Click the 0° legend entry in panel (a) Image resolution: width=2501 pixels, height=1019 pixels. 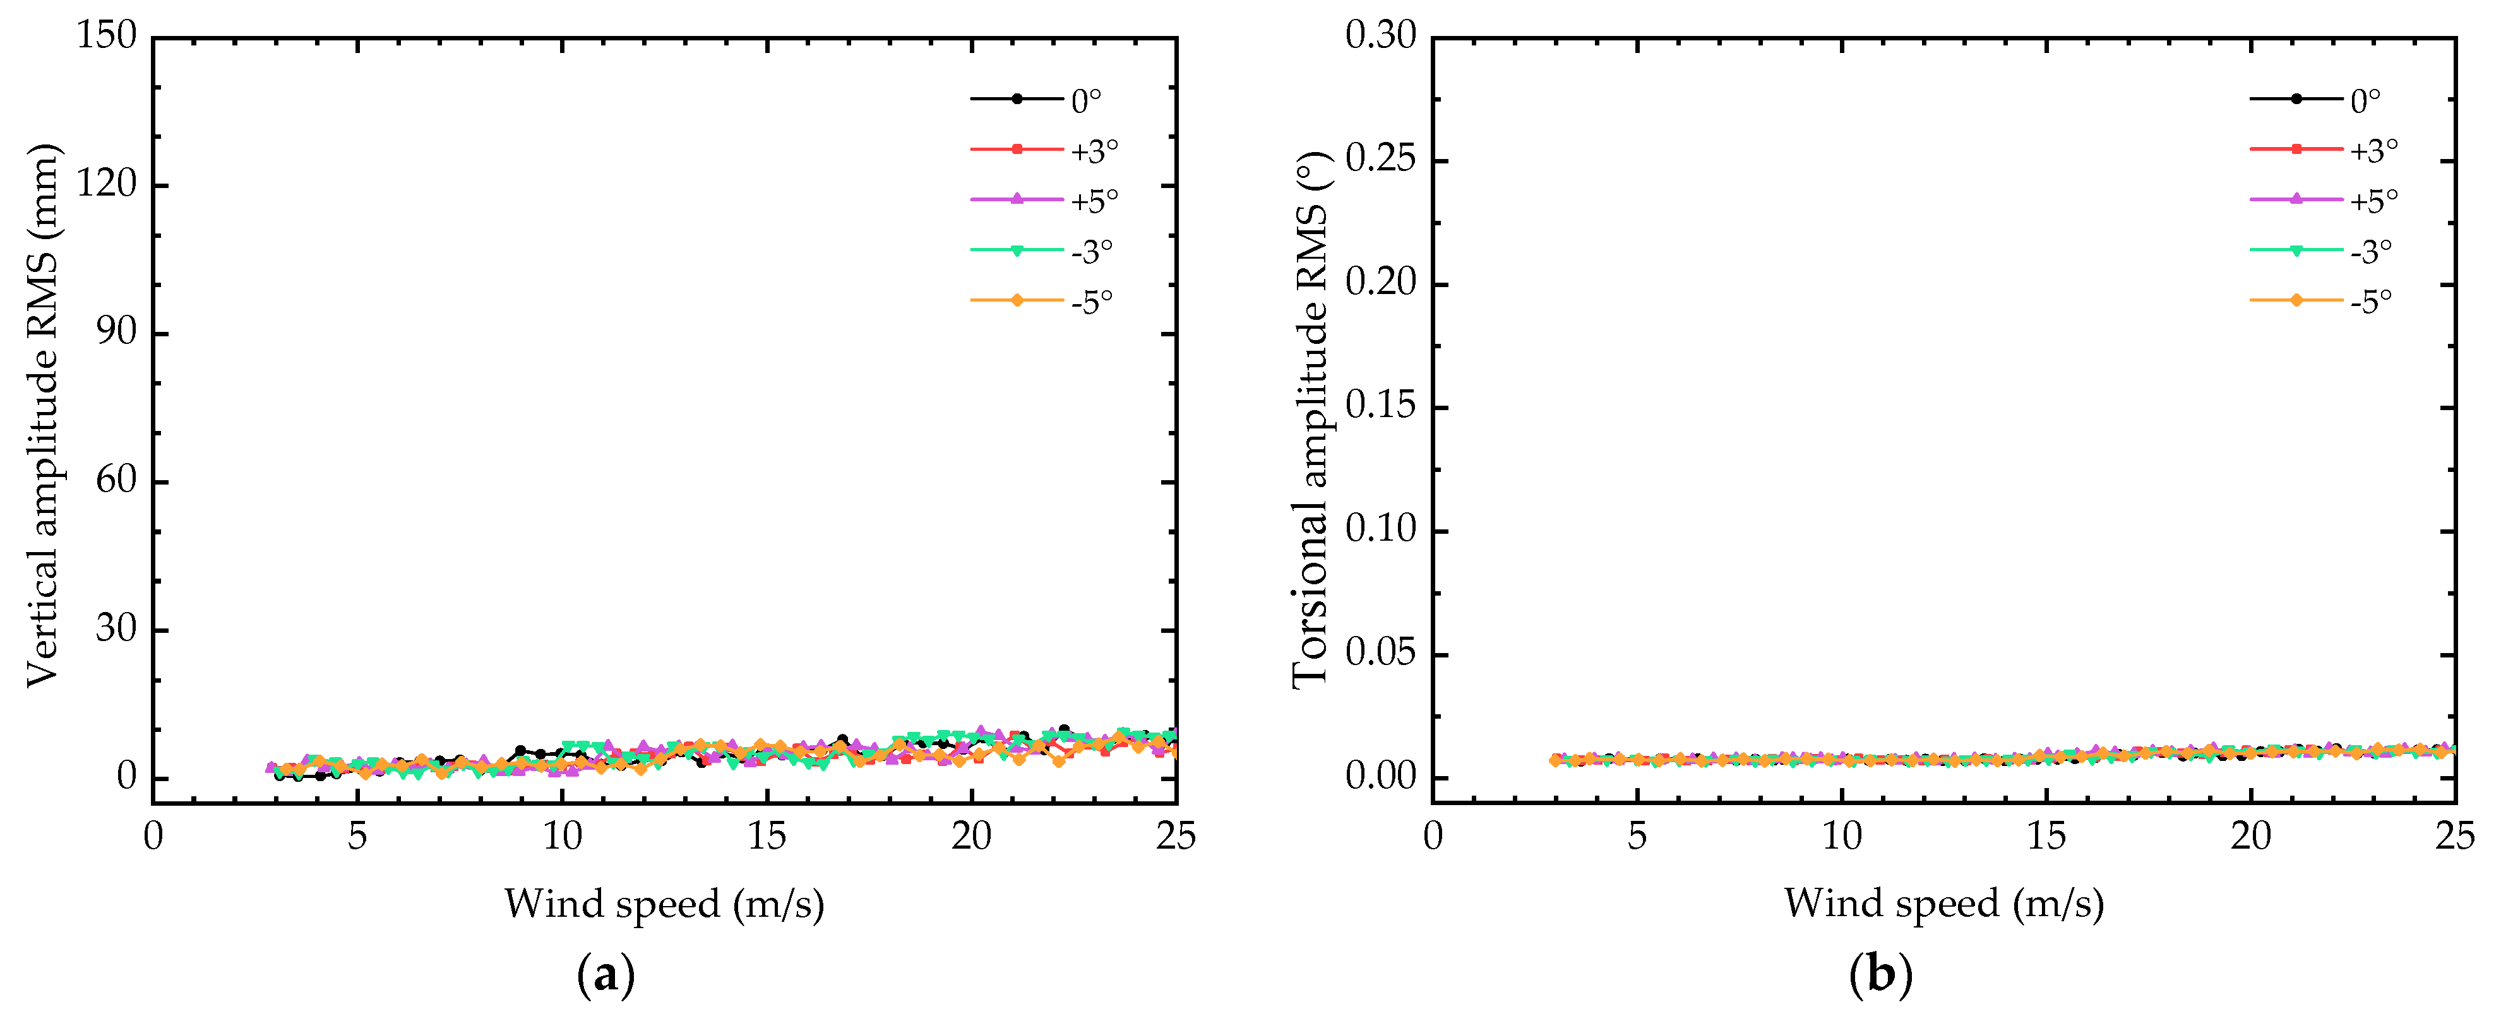[1085, 100]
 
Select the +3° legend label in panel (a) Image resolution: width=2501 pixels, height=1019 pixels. [1094, 150]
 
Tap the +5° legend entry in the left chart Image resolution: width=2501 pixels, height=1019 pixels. [1094, 201]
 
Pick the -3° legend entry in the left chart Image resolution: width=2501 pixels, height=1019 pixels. [1091, 251]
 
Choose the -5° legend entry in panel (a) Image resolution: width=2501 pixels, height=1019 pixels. [1091, 302]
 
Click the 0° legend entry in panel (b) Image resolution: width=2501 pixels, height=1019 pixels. [2365, 100]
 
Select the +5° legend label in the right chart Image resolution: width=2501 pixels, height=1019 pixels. [2374, 201]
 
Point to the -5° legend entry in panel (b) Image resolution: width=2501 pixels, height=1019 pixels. [2371, 302]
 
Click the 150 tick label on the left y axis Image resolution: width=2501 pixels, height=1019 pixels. [107, 36]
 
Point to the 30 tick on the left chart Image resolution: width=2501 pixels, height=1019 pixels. [117, 629]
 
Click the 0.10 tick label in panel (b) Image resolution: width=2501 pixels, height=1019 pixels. [1381, 530]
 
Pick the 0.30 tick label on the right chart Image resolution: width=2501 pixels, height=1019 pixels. [1381, 36]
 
